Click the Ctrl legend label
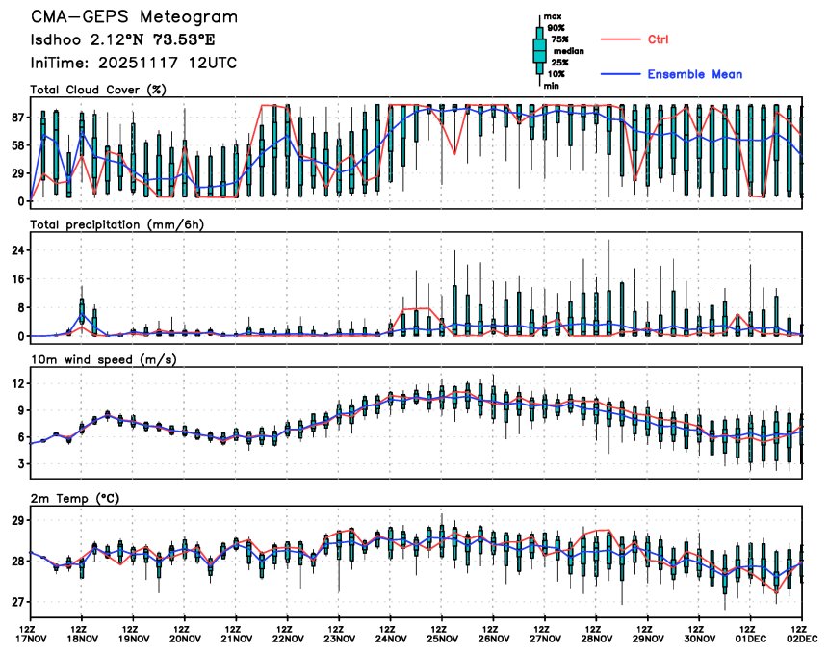pos(658,39)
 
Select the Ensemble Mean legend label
pos(694,74)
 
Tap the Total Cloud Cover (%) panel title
pos(97,91)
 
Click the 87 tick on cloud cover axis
pos(16,118)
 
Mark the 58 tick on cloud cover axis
pos(16,145)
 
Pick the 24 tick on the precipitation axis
pos(16,250)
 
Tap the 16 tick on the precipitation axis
pos(16,279)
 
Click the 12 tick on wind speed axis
pos(16,383)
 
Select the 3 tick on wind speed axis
pos(19,464)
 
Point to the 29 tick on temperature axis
pos(16,520)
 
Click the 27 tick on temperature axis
pos(16,603)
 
